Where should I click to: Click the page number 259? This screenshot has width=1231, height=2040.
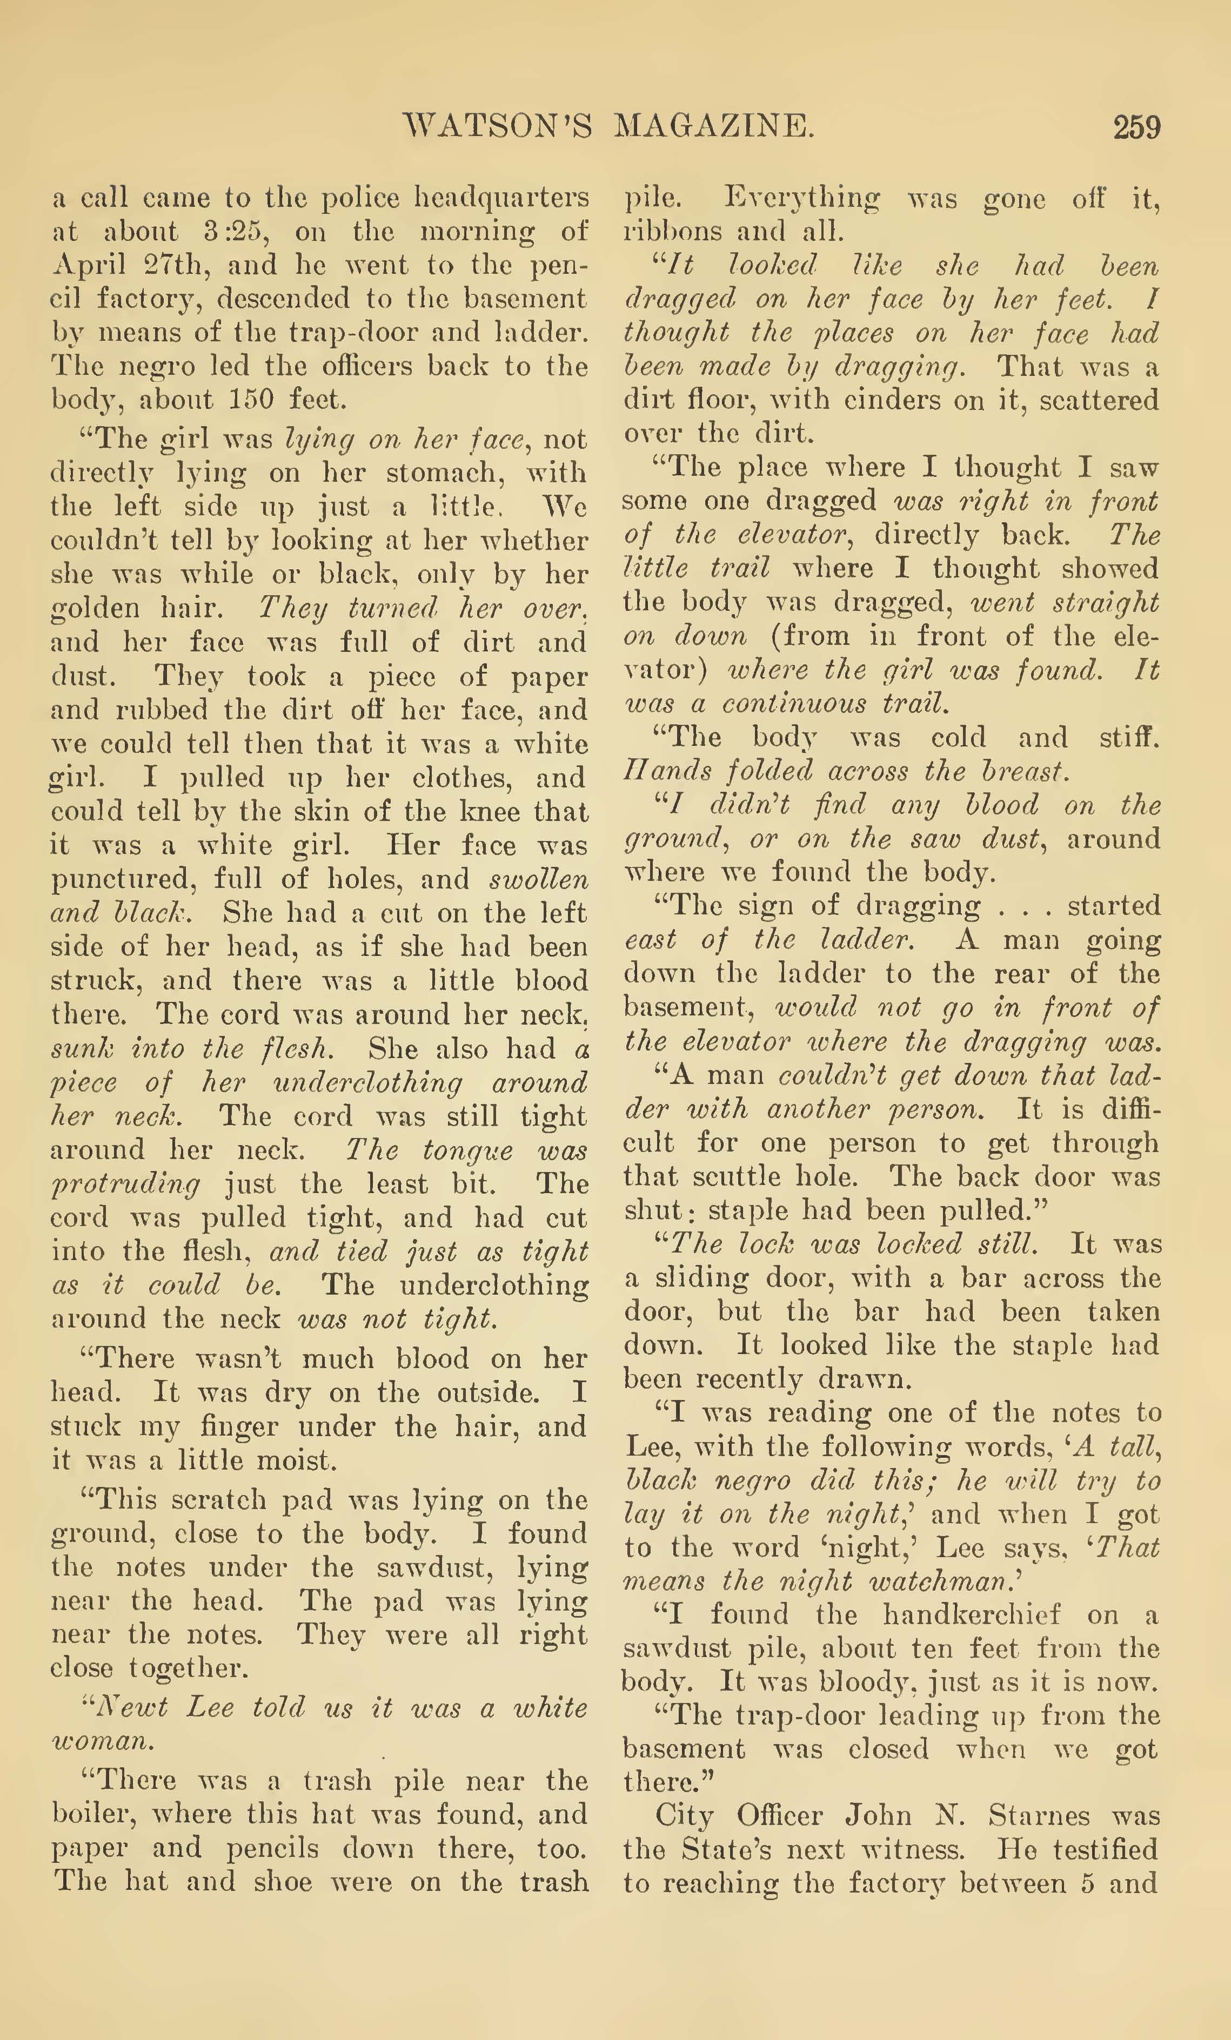[1136, 127]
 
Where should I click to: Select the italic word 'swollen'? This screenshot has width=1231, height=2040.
[539, 879]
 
